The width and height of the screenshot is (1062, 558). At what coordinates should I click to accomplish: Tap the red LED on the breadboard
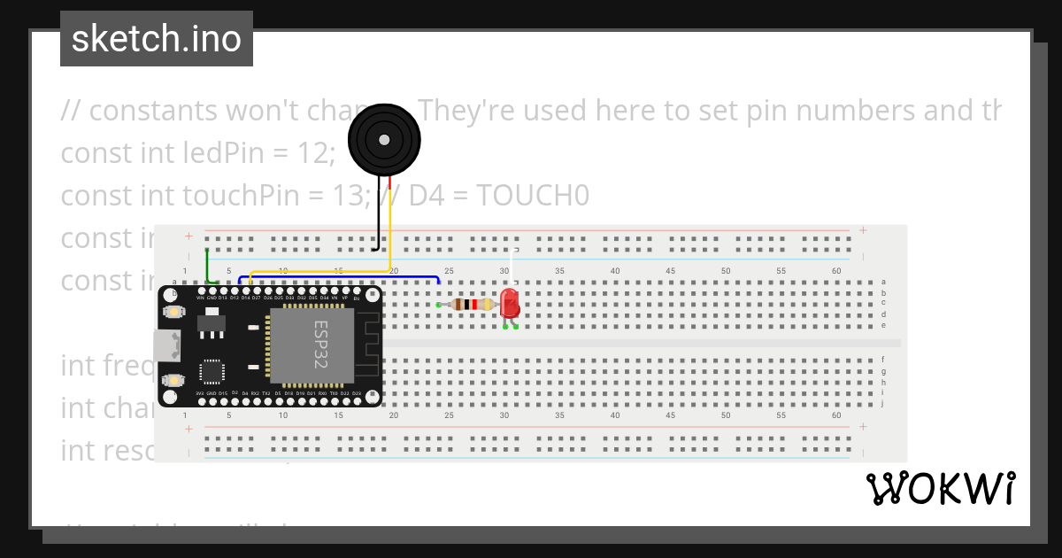(x=510, y=303)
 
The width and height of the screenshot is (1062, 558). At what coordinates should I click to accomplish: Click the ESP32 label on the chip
(x=320, y=345)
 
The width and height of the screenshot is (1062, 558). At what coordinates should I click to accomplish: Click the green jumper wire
(x=207, y=266)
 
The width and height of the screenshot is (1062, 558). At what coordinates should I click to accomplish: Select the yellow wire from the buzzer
(x=319, y=271)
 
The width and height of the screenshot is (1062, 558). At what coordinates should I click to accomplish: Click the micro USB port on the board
(x=165, y=345)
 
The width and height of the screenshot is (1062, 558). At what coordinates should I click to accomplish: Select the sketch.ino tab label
(x=157, y=39)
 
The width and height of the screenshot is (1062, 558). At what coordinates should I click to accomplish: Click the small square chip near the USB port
(x=212, y=371)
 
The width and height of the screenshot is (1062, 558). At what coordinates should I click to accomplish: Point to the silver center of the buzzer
(x=383, y=139)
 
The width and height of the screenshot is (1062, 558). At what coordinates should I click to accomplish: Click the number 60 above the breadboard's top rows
(x=836, y=270)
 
